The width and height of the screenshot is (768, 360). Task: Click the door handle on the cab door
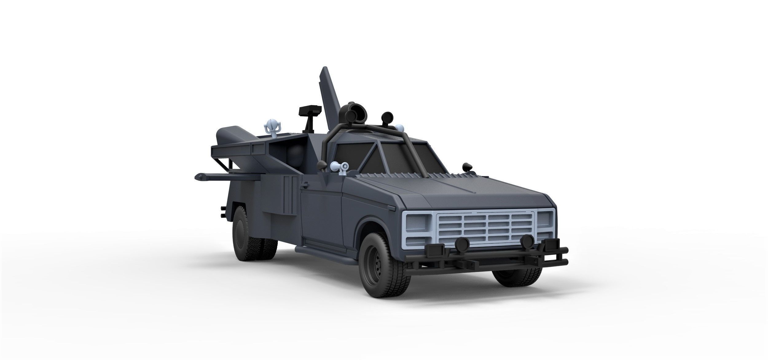click(306, 185)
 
